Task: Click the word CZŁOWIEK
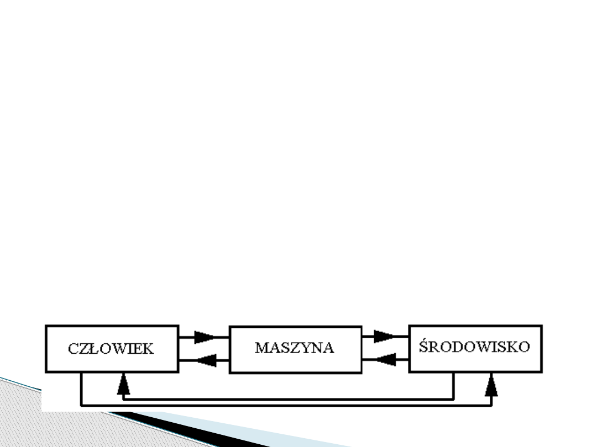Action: pyautogui.click(x=111, y=349)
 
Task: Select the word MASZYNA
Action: pyautogui.click(x=295, y=348)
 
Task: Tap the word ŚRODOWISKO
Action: pyautogui.click(x=474, y=346)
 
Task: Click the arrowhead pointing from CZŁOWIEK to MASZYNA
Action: pyautogui.click(x=204, y=337)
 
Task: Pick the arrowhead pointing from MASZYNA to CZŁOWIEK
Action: pyautogui.click(x=207, y=360)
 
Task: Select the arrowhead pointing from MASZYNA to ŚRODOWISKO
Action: pyautogui.click(x=384, y=337)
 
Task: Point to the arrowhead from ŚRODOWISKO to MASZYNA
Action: pyautogui.click(x=386, y=360)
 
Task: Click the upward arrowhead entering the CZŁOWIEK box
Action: pyautogui.click(x=123, y=384)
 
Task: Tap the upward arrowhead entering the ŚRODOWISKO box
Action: pyautogui.click(x=491, y=385)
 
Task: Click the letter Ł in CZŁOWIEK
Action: pyautogui.click(x=92, y=349)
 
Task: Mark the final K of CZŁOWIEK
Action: pyautogui.click(x=149, y=349)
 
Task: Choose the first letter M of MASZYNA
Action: pyautogui.click(x=261, y=348)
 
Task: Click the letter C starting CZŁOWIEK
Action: pyautogui.click(x=73, y=349)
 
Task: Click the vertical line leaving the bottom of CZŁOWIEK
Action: pyautogui.click(x=81, y=389)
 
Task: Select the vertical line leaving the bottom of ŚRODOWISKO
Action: pyautogui.click(x=453, y=386)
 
